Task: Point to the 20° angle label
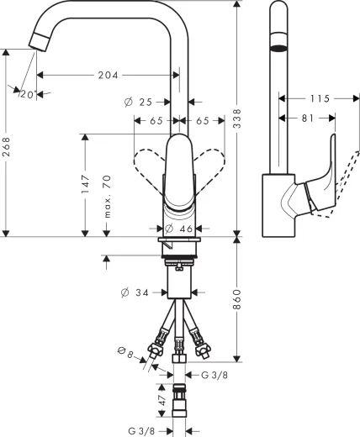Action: [x=27, y=94]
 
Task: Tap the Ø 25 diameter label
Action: [x=140, y=102]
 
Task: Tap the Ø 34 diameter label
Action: [x=137, y=292]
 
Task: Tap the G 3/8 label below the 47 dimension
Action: [x=142, y=429]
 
